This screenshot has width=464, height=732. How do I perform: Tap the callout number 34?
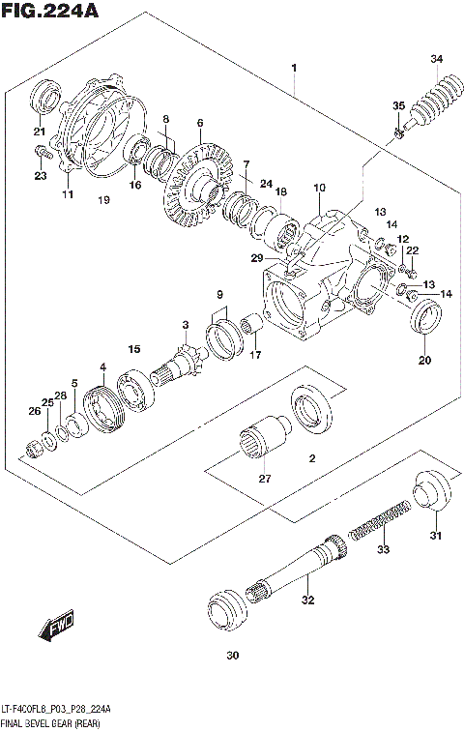[437, 60]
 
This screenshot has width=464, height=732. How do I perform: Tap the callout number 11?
[68, 194]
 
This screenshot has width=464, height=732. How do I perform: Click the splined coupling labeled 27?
[264, 444]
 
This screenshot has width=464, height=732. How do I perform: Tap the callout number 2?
[311, 460]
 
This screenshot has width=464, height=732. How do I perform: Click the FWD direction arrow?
[54, 630]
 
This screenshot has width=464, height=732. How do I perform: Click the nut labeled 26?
[33, 447]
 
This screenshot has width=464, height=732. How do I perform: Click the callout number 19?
[103, 200]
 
